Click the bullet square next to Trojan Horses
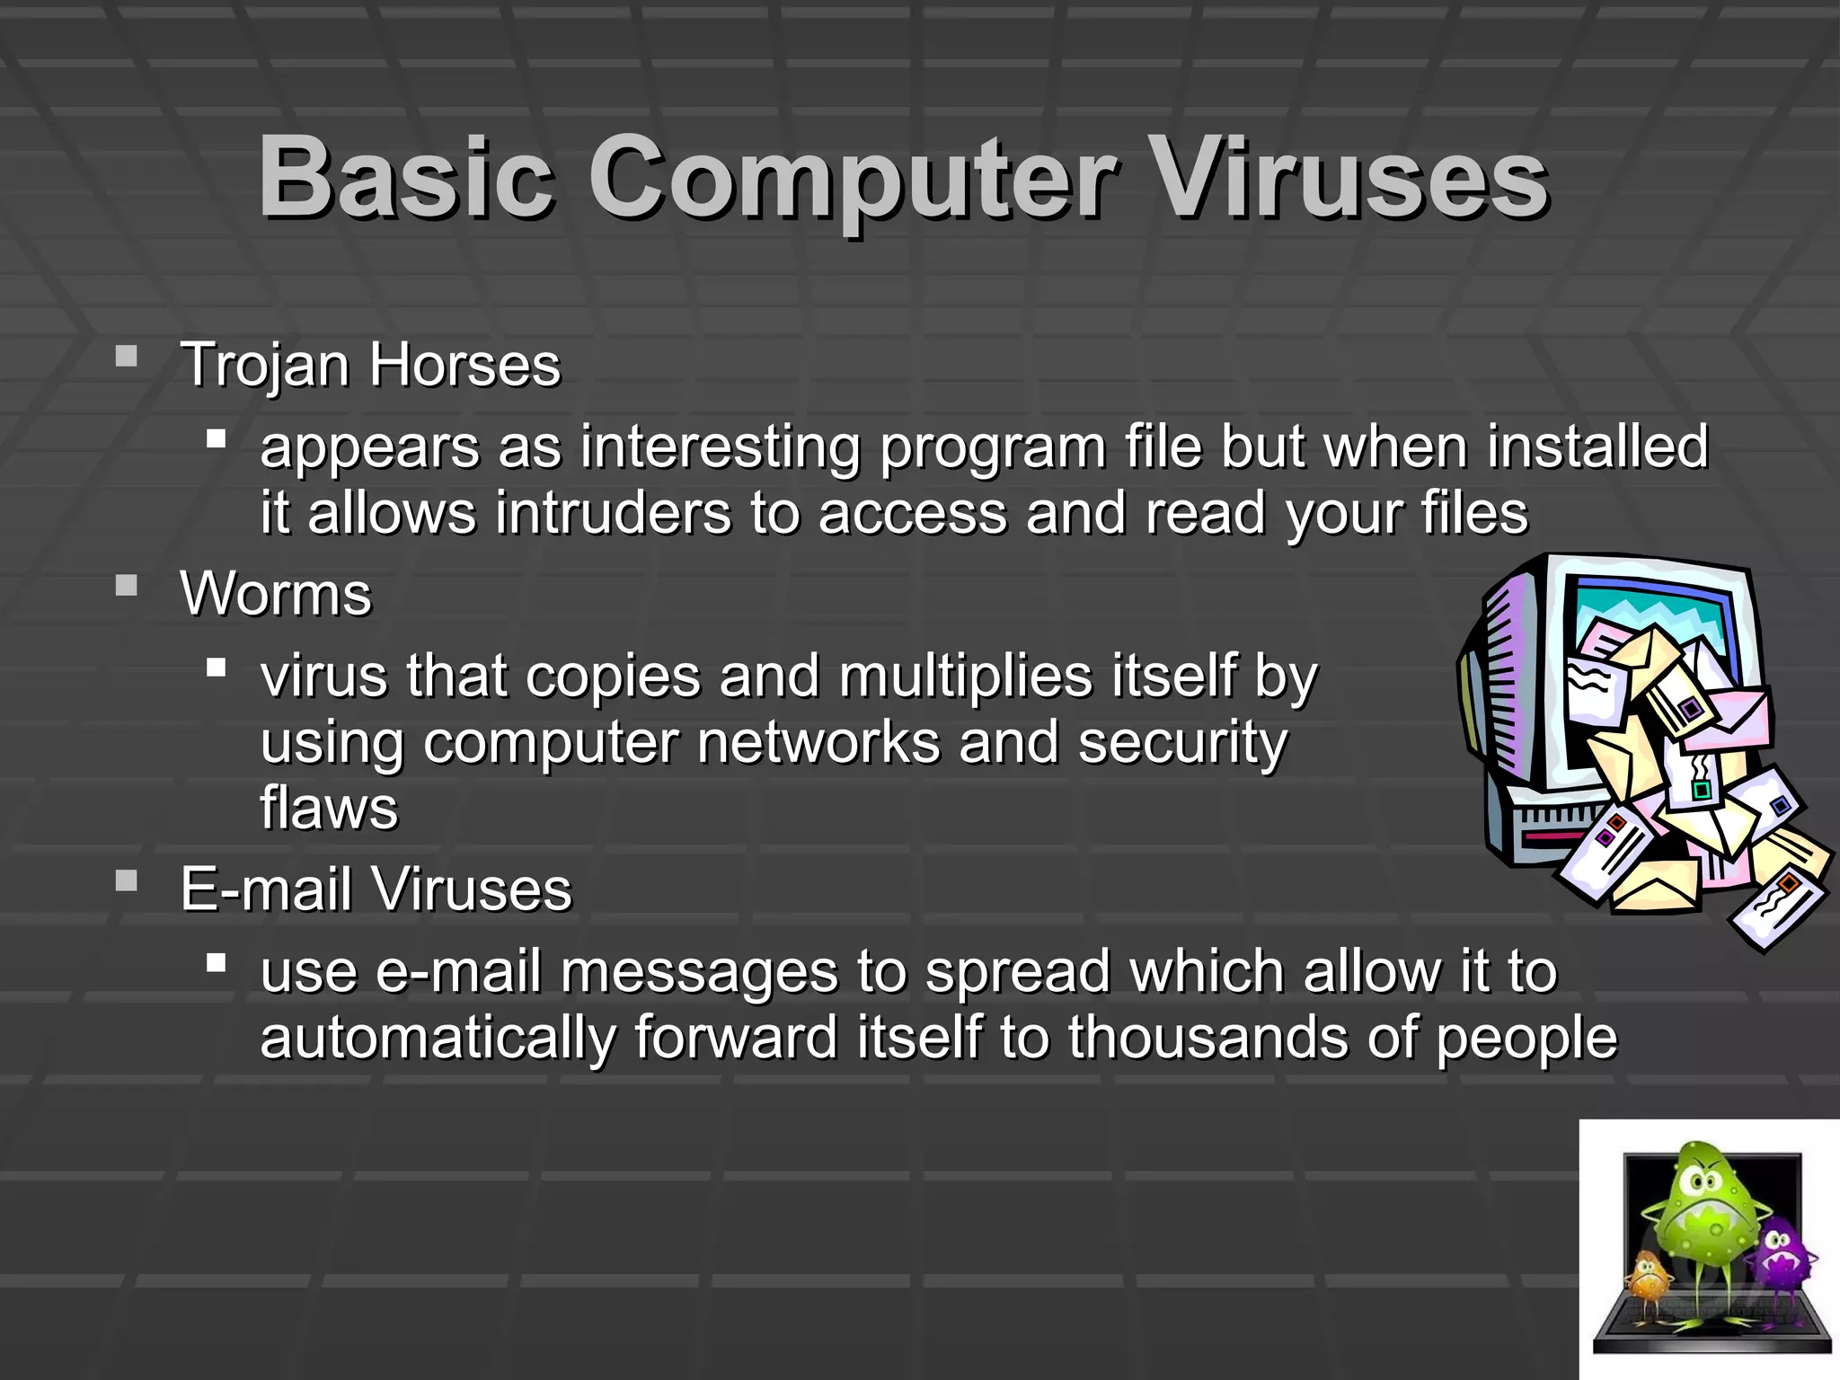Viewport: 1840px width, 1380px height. [127, 357]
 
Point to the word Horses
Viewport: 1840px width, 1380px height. [464, 365]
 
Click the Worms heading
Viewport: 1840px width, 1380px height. [276, 594]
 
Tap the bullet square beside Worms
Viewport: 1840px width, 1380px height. [127, 586]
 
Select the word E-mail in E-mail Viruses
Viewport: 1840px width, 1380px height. [266, 889]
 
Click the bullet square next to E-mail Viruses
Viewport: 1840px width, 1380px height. [127, 880]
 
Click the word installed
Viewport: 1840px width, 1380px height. [1597, 446]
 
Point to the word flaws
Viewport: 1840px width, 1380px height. [329, 808]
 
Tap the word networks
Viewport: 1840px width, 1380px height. [818, 742]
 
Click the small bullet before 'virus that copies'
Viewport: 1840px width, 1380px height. [216, 668]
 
